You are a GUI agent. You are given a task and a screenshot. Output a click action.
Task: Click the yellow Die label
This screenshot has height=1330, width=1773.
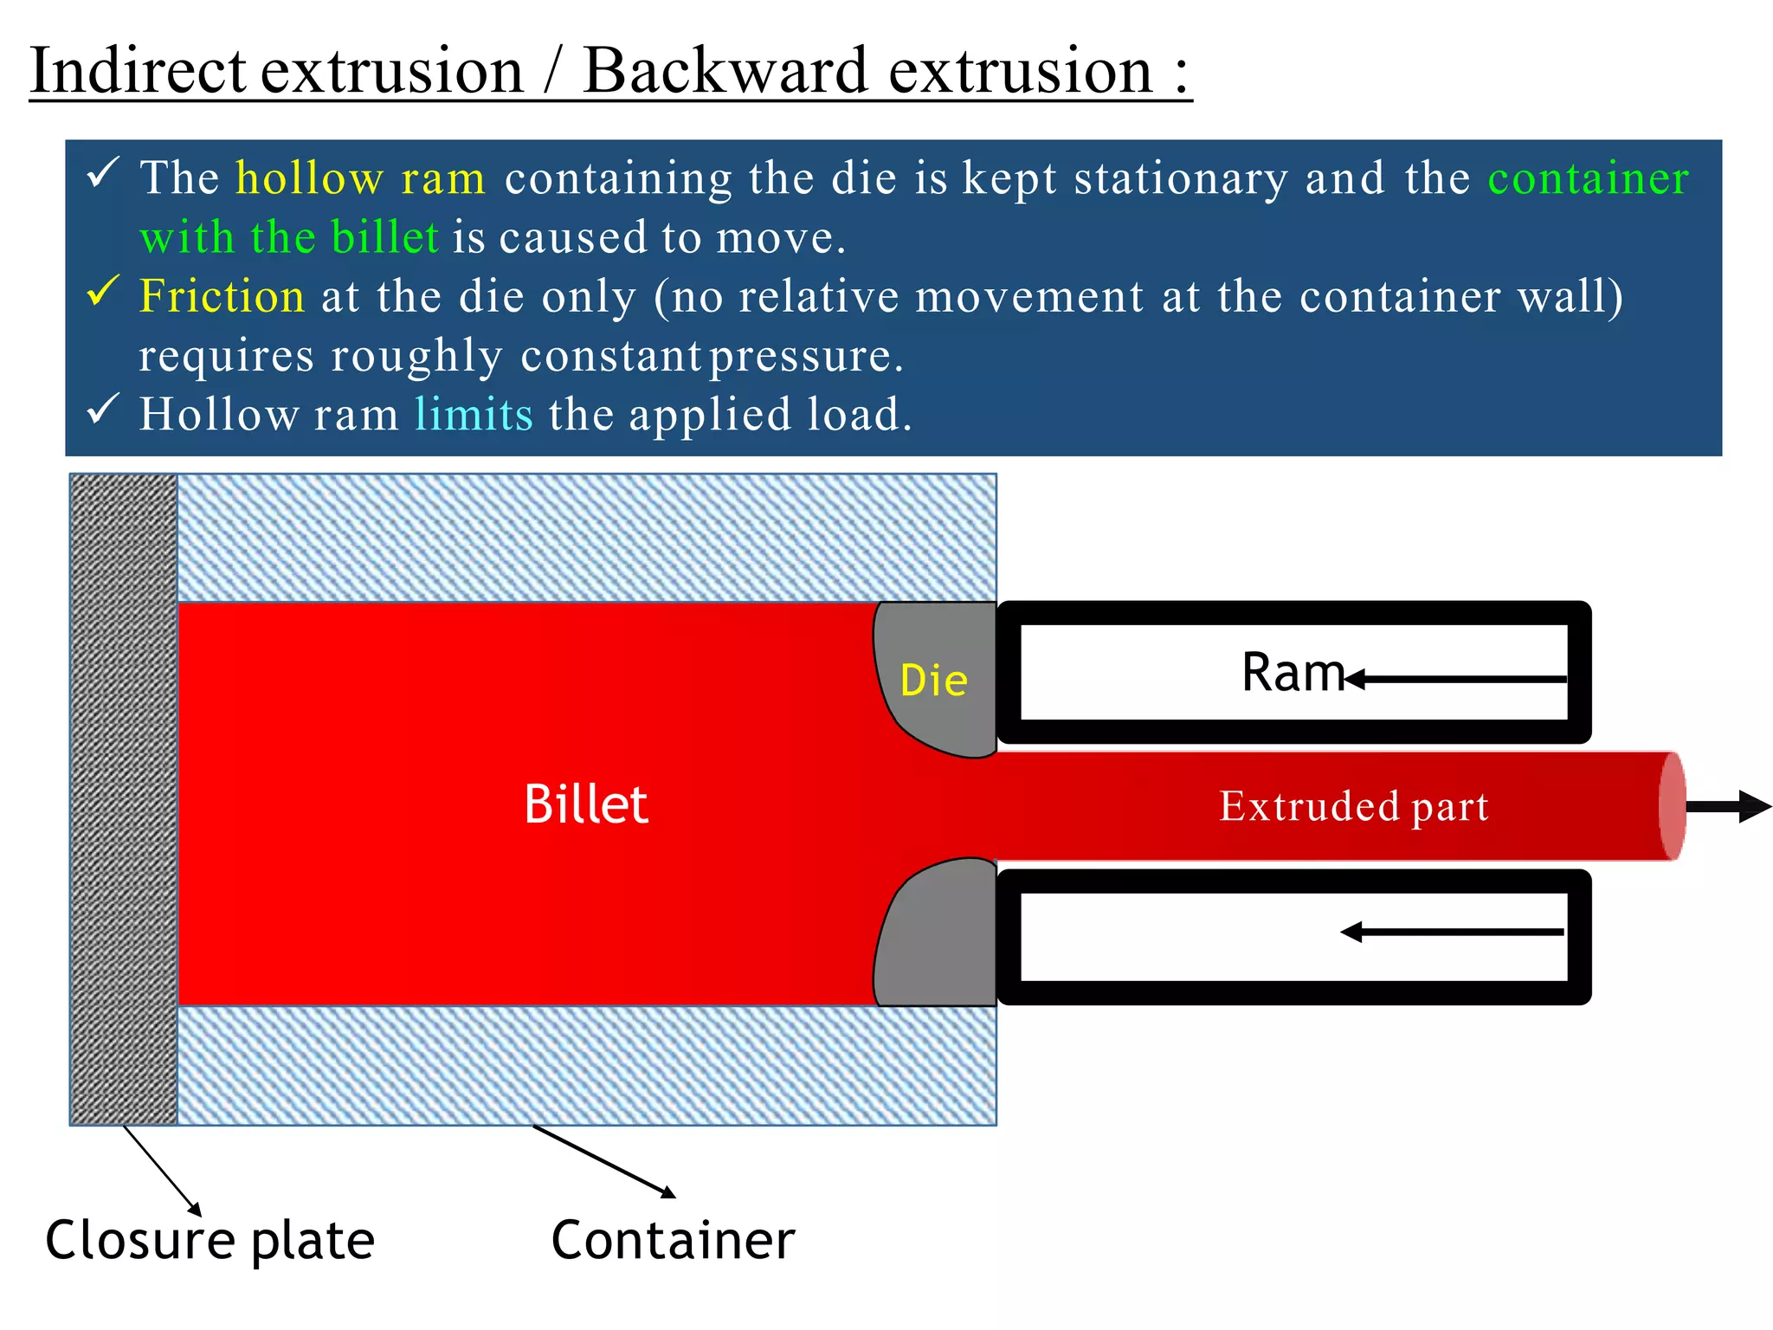933,681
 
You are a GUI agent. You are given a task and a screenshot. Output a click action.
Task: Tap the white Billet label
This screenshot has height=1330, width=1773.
586,804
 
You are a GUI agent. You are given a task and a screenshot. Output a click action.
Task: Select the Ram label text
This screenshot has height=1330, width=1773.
1293,673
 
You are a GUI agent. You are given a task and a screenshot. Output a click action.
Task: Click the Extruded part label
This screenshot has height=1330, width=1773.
1354,807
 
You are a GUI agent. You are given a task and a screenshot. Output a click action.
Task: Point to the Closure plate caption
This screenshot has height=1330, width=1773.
210,1241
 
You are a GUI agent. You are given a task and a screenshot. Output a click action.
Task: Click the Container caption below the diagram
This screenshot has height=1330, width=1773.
673,1241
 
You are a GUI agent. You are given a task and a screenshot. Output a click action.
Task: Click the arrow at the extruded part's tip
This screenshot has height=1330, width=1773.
1728,806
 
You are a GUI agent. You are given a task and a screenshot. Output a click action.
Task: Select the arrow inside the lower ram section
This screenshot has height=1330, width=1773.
1453,933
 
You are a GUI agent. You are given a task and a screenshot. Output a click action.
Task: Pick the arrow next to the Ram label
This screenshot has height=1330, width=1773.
1458,680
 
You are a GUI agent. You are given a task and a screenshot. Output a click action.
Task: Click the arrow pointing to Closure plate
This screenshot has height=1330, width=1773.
163,1171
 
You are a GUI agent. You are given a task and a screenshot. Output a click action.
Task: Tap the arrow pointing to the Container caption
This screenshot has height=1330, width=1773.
604,1162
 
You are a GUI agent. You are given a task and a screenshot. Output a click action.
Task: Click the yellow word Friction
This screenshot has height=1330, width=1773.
222,296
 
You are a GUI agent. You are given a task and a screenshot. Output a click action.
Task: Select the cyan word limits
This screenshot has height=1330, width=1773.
474,415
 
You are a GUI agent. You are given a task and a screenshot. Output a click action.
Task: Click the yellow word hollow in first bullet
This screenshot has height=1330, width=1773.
309,178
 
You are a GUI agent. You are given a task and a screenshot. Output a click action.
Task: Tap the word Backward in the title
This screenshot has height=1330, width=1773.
725,71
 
